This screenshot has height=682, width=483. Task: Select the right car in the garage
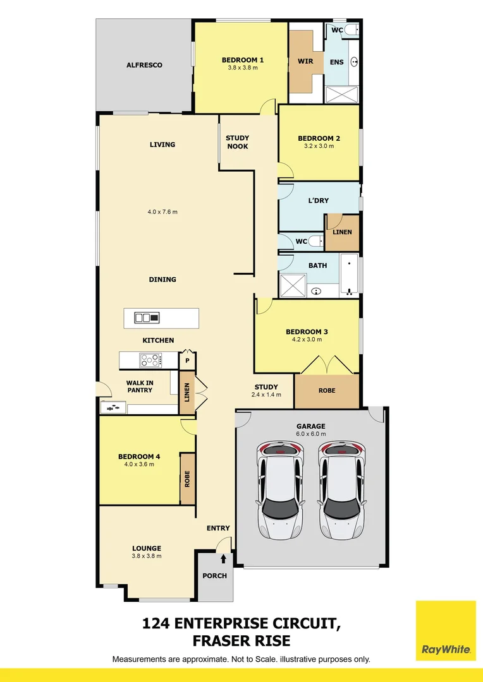342,490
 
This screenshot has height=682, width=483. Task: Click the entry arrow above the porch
223,558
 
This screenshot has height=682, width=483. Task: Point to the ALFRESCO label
144,65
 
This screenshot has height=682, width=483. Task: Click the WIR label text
306,62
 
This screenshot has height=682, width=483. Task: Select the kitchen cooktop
150,360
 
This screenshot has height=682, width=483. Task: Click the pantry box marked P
187,361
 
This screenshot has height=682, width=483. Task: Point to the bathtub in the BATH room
348,274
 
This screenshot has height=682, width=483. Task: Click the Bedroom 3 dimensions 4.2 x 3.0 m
307,340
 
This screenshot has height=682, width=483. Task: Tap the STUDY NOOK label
237,142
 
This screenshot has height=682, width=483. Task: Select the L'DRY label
318,201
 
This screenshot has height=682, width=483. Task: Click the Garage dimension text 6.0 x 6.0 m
310,434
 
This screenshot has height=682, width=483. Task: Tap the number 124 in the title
157,625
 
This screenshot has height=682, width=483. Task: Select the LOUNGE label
147,548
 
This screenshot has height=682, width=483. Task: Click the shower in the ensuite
341,94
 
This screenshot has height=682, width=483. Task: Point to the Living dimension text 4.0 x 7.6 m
162,212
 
